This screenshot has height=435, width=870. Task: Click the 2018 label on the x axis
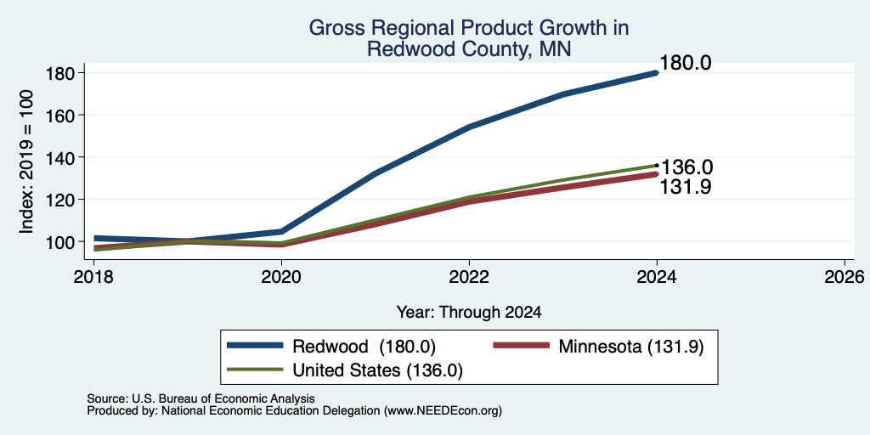[94, 276]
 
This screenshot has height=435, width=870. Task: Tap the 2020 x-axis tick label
[282, 276]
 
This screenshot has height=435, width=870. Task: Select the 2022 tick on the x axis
[469, 276]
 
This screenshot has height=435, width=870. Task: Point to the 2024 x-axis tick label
[657, 276]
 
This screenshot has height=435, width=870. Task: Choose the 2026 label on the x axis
[845, 276]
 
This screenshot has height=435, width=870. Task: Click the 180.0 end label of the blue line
[686, 63]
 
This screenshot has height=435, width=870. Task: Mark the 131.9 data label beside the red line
[686, 188]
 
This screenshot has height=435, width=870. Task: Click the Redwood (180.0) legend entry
[331, 347]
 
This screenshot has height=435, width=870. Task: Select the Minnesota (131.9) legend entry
[599, 347]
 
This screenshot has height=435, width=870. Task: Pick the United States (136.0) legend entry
[345, 370]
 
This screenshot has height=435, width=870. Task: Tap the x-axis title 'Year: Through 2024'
[469, 313]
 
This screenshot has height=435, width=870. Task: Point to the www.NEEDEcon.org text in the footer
[442, 411]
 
